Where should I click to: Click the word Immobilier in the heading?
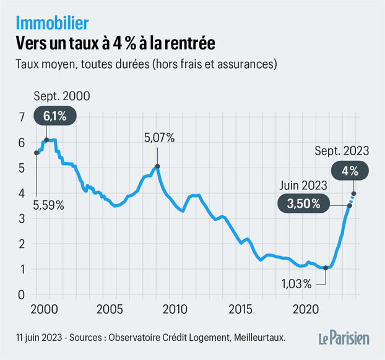[52, 23]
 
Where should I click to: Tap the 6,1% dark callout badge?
[59, 116]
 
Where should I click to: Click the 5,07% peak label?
[159, 139]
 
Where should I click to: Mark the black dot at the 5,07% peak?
[157, 166]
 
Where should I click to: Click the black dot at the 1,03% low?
[326, 268]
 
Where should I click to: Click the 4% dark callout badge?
[351, 171]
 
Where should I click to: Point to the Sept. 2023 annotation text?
[342, 150]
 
